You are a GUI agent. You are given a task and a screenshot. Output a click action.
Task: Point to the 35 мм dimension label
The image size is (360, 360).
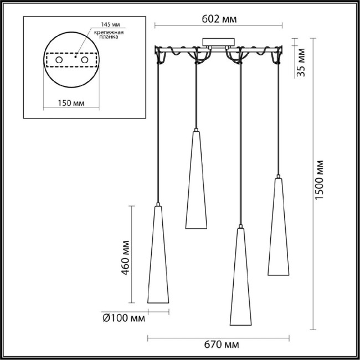click(301, 62)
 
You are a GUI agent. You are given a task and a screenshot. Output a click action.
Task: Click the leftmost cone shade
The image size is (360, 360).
click(157, 255)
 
